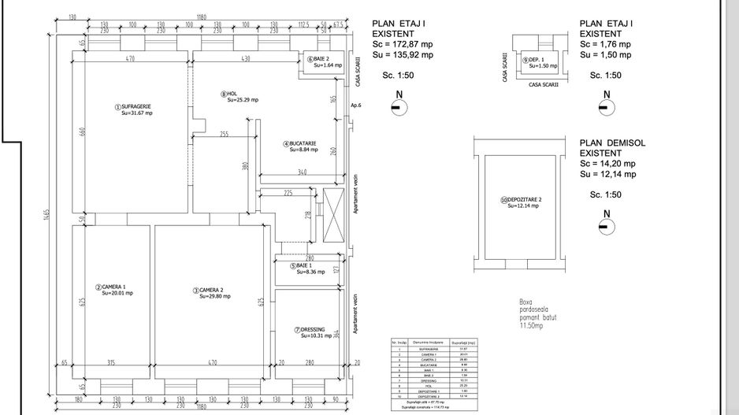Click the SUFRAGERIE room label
pos(135,106)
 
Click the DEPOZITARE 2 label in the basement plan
pos(523,200)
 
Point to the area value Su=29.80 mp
pos(214,297)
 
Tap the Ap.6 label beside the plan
pos(355,105)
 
